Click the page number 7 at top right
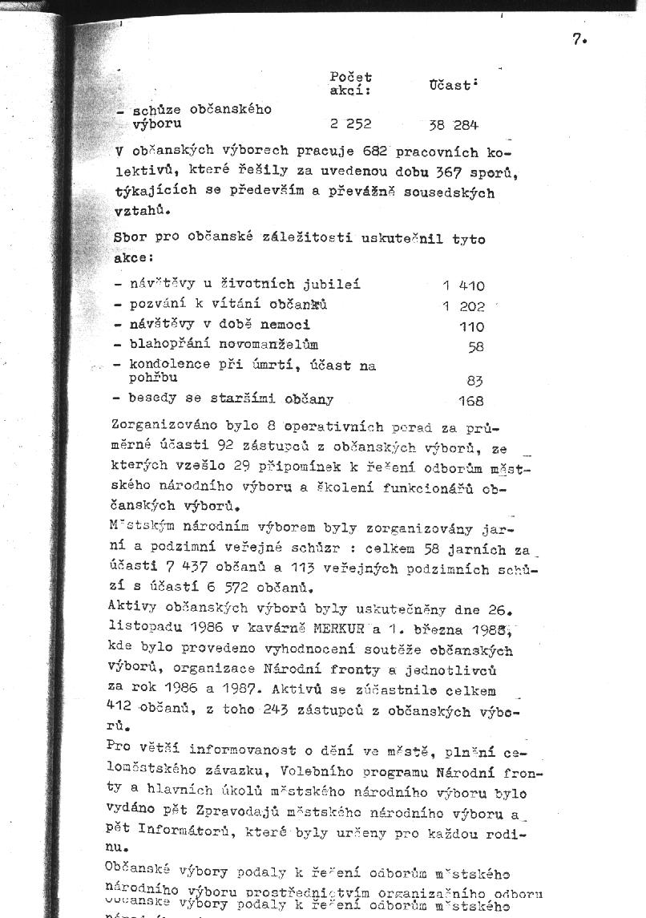(x=579, y=38)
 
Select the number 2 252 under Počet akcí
(x=350, y=124)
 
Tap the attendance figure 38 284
(x=454, y=125)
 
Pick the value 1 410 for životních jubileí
(x=463, y=285)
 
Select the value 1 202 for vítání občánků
(x=463, y=306)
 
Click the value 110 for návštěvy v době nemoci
(x=471, y=326)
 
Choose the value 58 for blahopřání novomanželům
(x=476, y=346)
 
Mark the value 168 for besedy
(x=470, y=401)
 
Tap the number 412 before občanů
(x=119, y=708)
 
